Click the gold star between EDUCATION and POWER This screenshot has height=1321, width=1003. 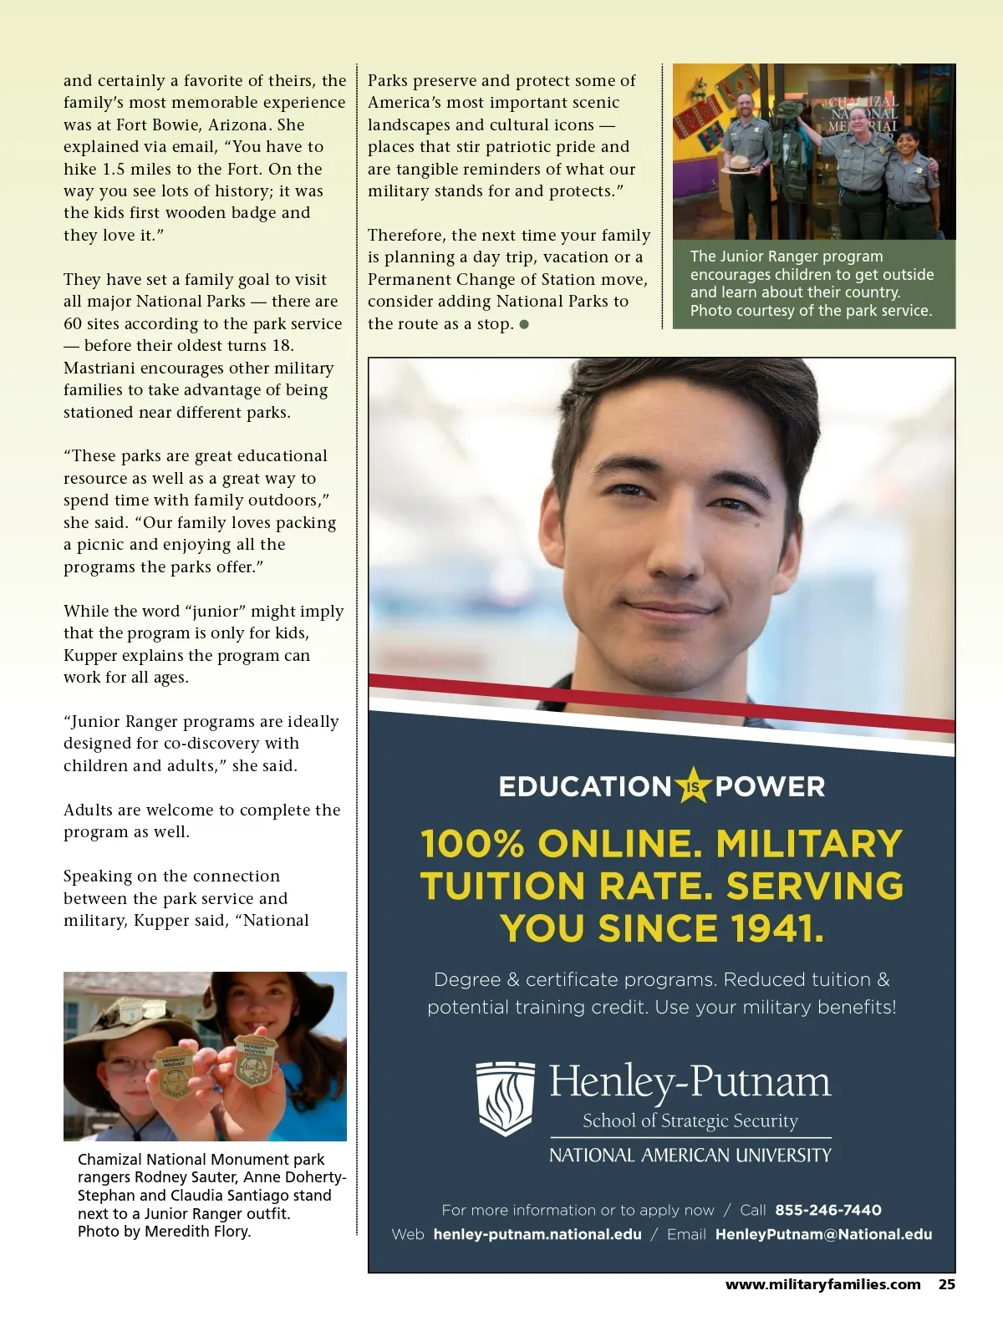pyautogui.click(x=693, y=785)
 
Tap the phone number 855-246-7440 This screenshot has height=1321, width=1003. pyautogui.click(x=827, y=1210)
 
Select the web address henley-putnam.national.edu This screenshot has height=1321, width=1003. pyautogui.click(x=537, y=1234)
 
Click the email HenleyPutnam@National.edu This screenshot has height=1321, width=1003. pyautogui.click(x=823, y=1234)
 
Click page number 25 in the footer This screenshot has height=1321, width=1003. pyautogui.click(x=946, y=1285)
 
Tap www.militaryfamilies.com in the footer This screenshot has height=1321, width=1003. pyautogui.click(x=822, y=1285)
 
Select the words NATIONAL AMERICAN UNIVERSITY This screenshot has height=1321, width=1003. pyautogui.click(x=690, y=1156)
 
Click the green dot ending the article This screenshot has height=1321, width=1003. pyautogui.click(x=524, y=324)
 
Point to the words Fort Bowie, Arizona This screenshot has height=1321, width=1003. pyautogui.click(x=200, y=124)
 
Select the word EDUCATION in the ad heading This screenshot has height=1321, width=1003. pyautogui.click(x=585, y=786)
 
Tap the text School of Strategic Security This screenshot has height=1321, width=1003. pyautogui.click(x=690, y=1120)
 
